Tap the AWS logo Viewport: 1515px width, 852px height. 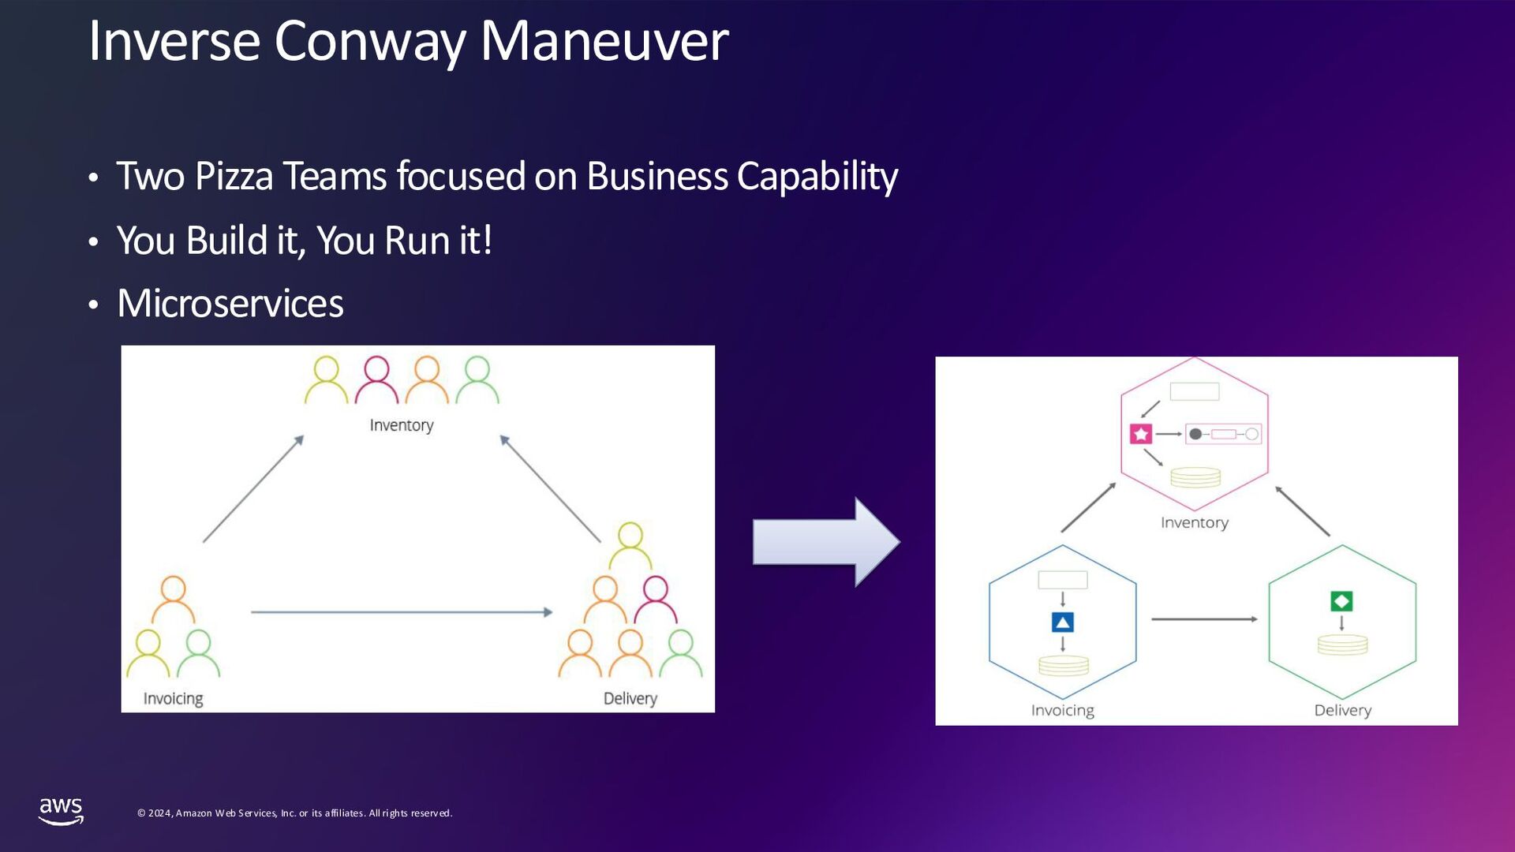[61, 811]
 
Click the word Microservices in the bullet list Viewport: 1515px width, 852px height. [230, 304]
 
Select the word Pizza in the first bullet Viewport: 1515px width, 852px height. [234, 176]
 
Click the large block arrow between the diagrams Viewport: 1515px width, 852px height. [825, 542]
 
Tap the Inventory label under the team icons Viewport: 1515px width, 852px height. [402, 425]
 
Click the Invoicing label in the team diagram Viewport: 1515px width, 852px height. [173, 699]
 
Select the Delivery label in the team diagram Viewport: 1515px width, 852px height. [630, 699]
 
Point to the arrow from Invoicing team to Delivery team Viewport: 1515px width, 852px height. [401, 612]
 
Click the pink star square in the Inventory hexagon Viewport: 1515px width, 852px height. [1141, 434]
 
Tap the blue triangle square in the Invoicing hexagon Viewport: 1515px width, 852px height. [1063, 622]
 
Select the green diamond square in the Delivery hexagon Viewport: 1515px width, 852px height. [1341, 601]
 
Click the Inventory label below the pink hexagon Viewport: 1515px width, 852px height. [1195, 522]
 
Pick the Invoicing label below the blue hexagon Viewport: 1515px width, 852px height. [1062, 710]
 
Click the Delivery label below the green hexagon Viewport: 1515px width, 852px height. [1342, 710]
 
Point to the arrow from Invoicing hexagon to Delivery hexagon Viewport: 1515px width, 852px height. [1204, 619]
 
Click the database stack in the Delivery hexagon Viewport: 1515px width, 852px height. [1342, 645]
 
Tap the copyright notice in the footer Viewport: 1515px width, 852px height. [294, 813]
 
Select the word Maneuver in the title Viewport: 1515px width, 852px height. [604, 41]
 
